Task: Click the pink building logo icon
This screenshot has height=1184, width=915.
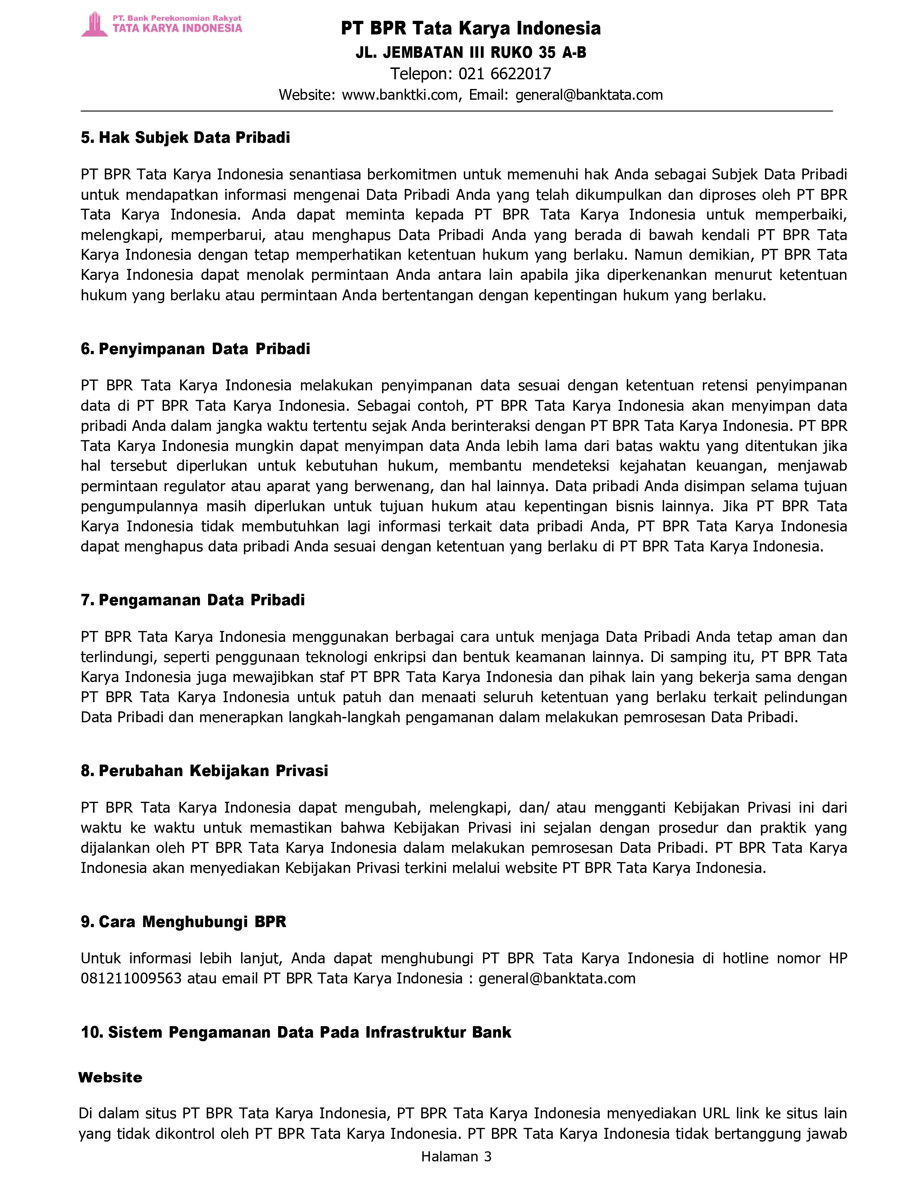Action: (x=95, y=24)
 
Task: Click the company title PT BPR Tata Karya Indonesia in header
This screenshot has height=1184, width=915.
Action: (x=470, y=28)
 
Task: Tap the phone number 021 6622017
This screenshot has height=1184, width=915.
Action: (x=505, y=73)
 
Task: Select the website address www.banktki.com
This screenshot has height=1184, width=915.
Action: (x=400, y=95)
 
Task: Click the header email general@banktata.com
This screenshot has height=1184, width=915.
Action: (x=589, y=95)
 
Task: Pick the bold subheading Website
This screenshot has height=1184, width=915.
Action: (x=110, y=1077)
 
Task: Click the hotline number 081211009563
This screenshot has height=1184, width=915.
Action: (x=131, y=978)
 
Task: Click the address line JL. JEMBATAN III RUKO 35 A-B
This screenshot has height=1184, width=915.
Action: (x=470, y=53)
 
